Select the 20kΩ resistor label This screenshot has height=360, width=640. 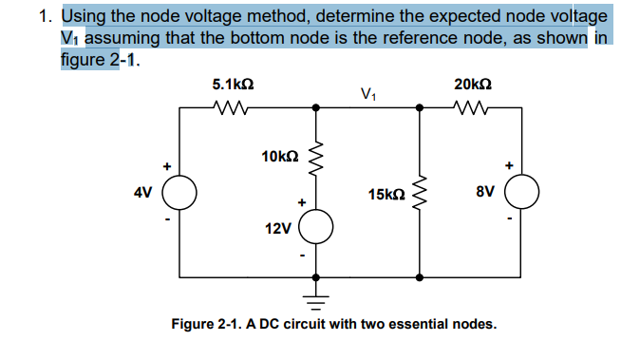473,85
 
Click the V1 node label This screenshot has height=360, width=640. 369,93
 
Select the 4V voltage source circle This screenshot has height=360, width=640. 180,193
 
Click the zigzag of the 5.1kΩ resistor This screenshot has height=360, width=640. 232,107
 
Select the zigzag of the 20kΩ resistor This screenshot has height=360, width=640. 472,107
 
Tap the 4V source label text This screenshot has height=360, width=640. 141,193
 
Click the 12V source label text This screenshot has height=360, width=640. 277,228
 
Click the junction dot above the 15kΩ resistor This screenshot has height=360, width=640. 422,108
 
